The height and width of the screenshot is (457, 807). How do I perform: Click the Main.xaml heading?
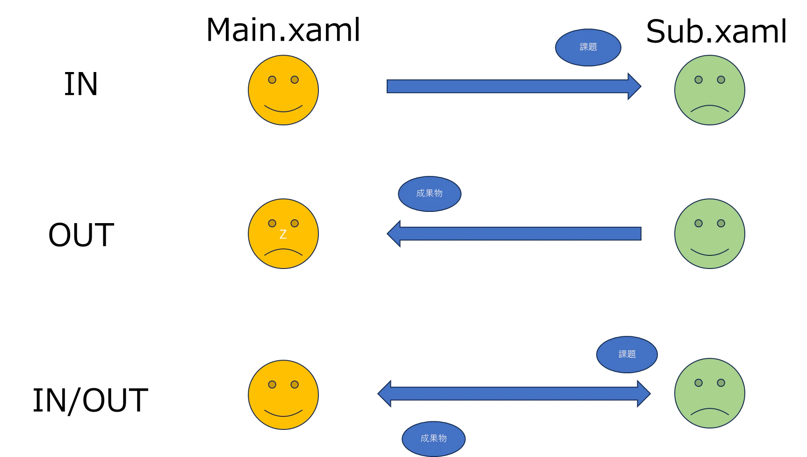(x=283, y=30)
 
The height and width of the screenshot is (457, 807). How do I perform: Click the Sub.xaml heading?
(x=716, y=32)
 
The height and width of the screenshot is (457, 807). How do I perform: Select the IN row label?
(x=81, y=84)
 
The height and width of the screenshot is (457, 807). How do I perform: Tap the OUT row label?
(x=81, y=235)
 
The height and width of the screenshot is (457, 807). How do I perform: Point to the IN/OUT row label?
(x=90, y=400)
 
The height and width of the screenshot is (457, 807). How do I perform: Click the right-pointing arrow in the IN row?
(x=514, y=87)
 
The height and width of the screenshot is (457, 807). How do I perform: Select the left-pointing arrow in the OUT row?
(x=514, y=233)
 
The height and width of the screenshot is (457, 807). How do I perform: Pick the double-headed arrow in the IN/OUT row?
(x=514, y=393)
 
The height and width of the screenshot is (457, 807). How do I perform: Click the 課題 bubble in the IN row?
(x=588, y=47)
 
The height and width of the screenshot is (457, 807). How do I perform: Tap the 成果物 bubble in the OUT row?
(x=430, y=194)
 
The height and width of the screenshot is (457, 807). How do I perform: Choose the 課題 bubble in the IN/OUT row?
(x=627, y=355)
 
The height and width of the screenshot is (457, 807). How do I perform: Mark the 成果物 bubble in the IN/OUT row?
(x=433, y=439)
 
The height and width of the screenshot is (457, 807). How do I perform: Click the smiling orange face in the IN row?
(x=283, y=90)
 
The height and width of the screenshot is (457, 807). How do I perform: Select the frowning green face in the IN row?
(x=710, y=90)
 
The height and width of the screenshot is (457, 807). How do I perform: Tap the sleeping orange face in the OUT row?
(x=283, y=234)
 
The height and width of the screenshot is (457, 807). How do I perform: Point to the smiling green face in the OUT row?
(x=710, y=234)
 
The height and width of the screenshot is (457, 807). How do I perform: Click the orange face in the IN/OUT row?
(x=283, y=395)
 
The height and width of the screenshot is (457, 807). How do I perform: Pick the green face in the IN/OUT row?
(x=710, y=393)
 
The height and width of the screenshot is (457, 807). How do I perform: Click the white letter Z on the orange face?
(x=283, y=234)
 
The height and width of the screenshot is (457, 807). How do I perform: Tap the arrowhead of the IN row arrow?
(x=634, y=87)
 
